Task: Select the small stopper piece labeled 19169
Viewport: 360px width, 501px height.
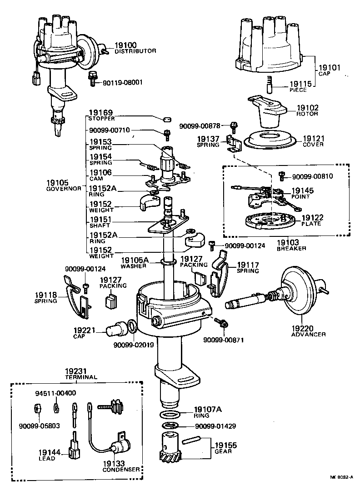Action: point(166,120)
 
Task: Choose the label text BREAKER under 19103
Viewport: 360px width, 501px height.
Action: point(291,249)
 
